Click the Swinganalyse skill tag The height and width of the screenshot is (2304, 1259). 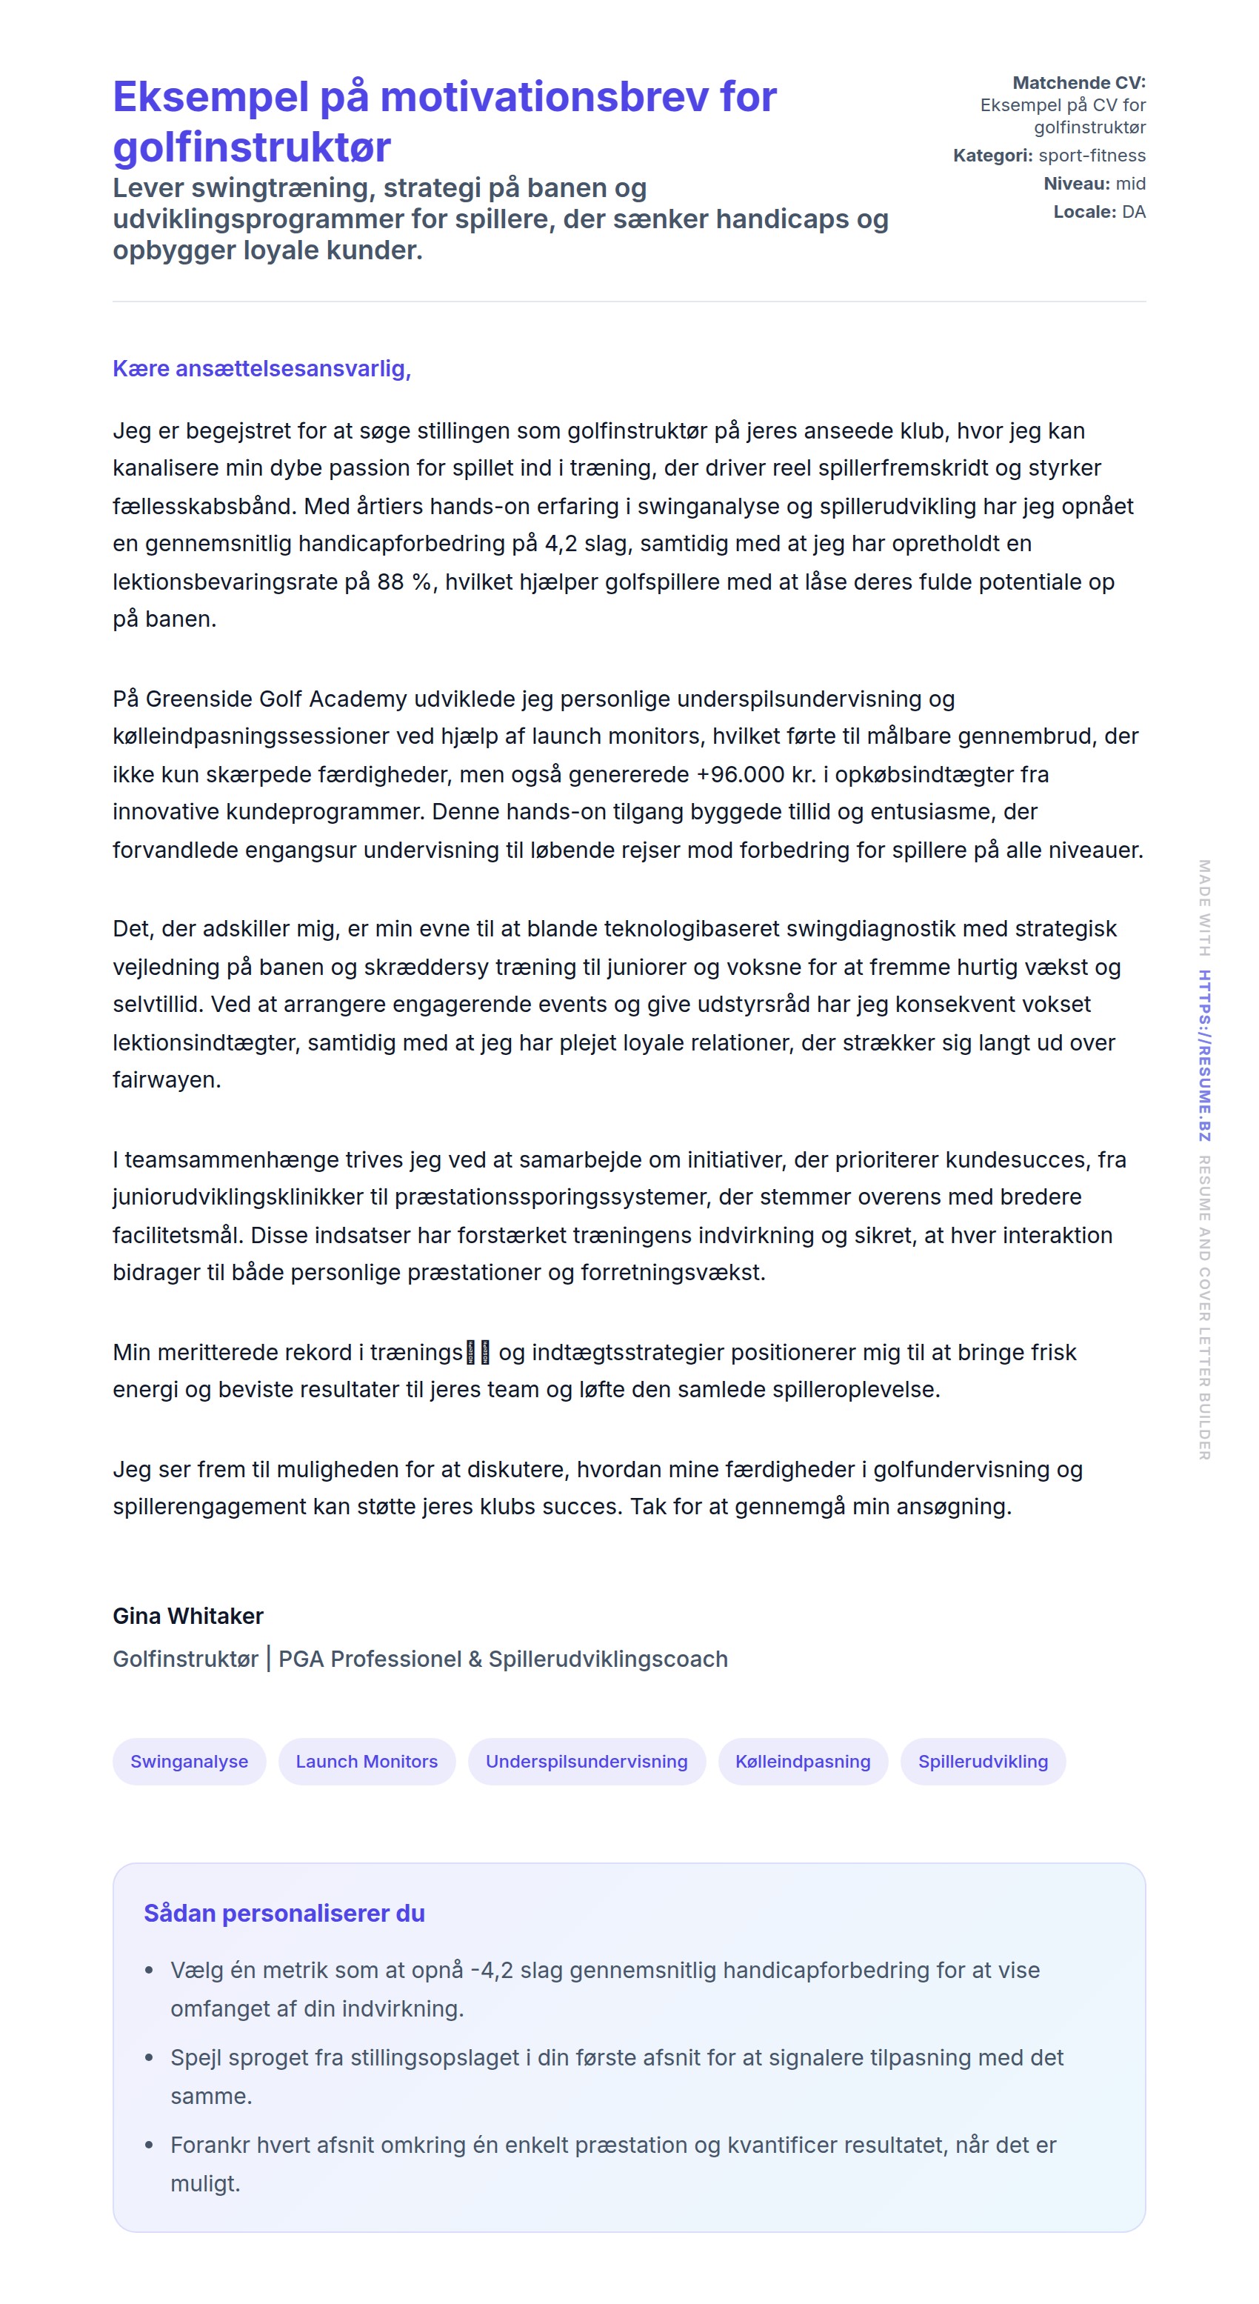click(189, 1761)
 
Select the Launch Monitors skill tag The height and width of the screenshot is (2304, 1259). click(367, 1761)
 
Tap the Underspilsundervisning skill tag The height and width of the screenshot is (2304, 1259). click(587, 1761)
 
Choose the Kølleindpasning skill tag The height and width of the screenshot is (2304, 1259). click(802, 1761)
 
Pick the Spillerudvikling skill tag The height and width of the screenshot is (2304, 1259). click(983, 1761)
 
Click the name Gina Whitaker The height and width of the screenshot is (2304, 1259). click(188, 1615)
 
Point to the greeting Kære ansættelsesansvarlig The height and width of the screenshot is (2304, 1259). click(261, 368)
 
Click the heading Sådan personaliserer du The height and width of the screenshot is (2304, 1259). click(284, 1912)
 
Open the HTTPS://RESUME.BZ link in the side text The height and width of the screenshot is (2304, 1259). click(1204, 1056)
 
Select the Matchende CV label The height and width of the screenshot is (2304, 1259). click(1078, 82)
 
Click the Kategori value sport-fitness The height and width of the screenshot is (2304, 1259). click(1092, 156)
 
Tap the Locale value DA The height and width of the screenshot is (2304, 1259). click(1134, 212)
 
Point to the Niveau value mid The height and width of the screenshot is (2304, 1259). click(1130, 183)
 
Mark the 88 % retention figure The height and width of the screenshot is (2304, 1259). click(404, 582)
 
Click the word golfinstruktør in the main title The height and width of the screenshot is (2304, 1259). click(251, 147)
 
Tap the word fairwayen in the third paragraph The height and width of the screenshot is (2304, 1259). click(167, 1079)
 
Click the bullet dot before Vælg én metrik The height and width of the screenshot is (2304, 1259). click(150, 1971)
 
